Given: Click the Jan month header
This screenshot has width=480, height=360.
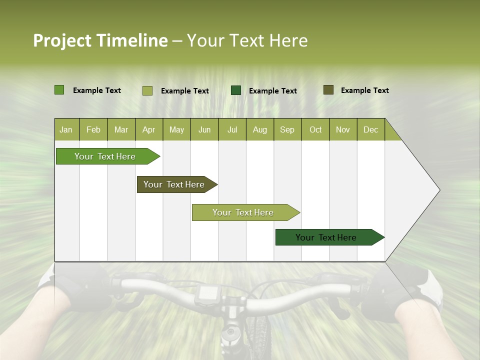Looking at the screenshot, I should coord(66,130).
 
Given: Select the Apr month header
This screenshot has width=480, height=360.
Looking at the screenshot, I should coord(148,130).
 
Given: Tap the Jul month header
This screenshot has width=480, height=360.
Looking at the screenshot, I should coord(232,130).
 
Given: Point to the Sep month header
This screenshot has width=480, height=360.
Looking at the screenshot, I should coord(287,130).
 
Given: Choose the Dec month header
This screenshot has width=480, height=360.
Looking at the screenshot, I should coord(370,130).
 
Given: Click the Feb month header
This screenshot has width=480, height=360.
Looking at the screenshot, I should coord(93,130).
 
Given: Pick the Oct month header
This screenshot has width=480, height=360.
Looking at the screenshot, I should coord(315,130).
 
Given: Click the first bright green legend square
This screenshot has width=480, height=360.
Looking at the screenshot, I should coord(59,90).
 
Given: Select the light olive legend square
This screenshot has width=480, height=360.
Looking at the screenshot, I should coord(147,90).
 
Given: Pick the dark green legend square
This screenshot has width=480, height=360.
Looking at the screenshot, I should coord(236,90).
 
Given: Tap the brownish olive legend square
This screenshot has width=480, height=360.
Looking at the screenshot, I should coord(328,90).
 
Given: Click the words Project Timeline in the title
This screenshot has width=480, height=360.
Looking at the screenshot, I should coord(100,40).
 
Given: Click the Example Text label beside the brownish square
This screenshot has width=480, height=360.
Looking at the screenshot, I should coord(364,90).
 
